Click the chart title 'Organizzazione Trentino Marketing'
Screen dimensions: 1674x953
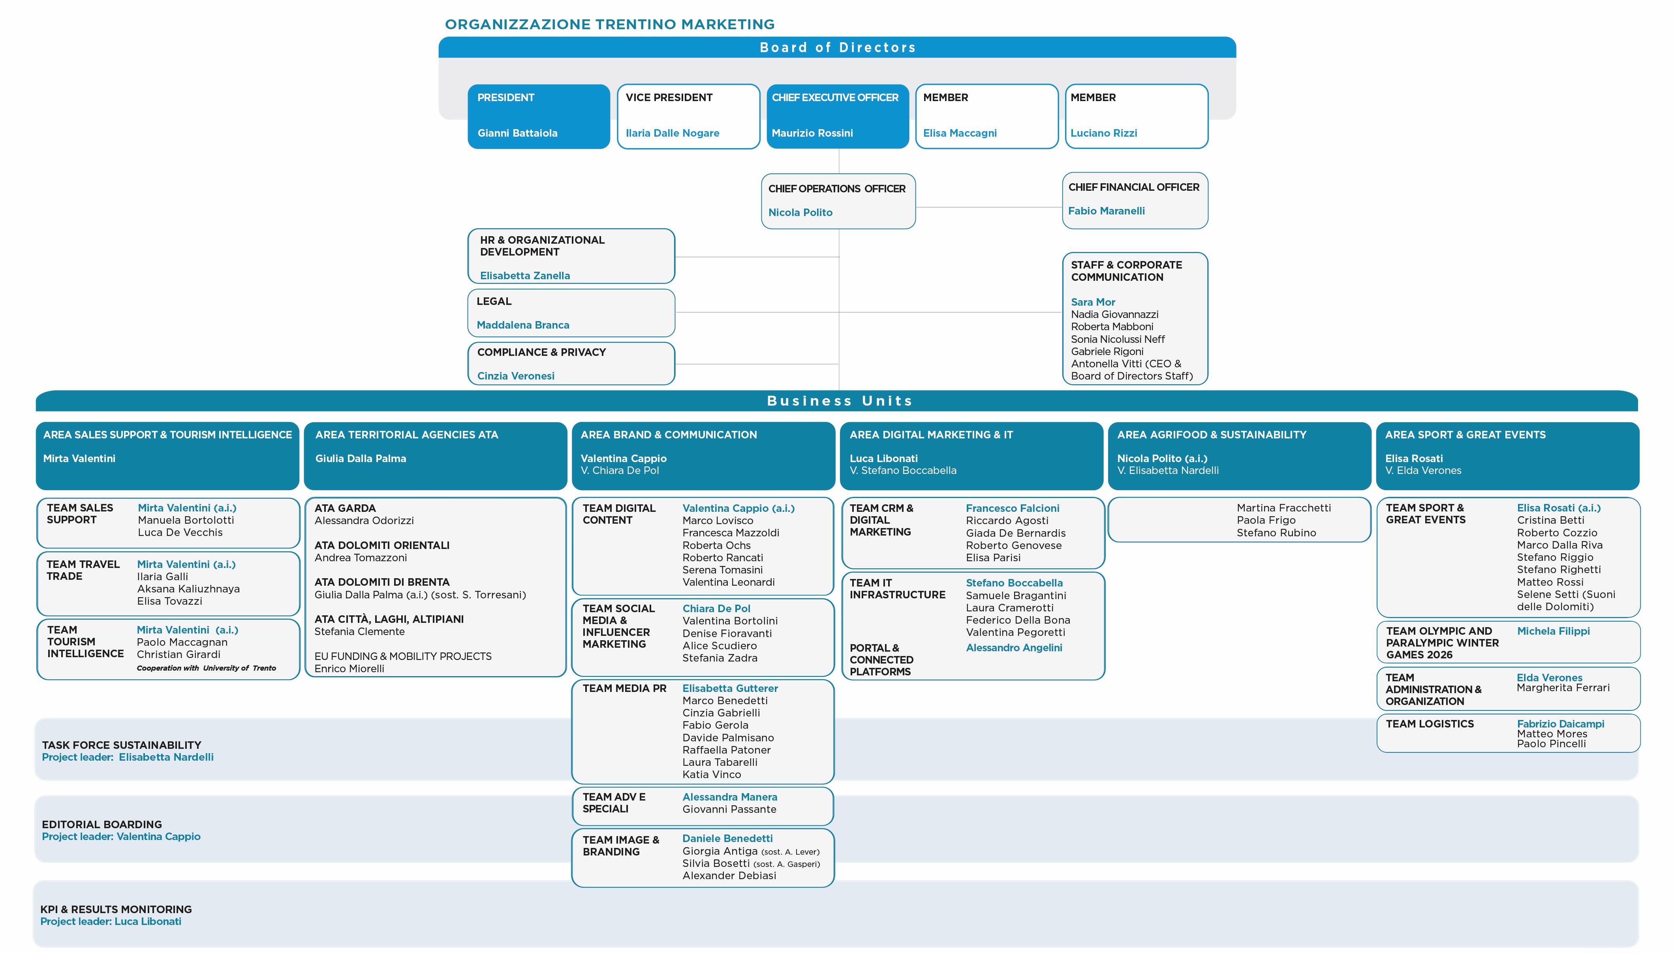pyautogui.click(x=609, y=24)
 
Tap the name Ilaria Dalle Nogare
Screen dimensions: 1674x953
pyautogui.click(x=672, y=133)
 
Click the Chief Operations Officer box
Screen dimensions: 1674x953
pyautogui.click(x=838, y=201)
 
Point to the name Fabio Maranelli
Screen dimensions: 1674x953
pyautogui.click(x=1106, y=211)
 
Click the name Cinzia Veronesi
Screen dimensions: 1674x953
pyautogui.click(x=516, y=376)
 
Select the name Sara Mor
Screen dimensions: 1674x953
pyautogui.click(x=1093, y=302)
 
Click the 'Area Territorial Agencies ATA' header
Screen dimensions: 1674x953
pyautogui.click(x=406, y=434)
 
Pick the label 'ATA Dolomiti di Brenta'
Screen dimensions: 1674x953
pyautogui.click(x=381, y=582)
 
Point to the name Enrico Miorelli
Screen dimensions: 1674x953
pyautogui.click(x=349, y=668)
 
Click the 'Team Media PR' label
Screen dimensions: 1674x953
pyautogui.click(x=624, y=688)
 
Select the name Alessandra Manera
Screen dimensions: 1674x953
pyautogui.click(x=730, y=797)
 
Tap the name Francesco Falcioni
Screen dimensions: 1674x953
pyautogui.click(x=1013, y=508)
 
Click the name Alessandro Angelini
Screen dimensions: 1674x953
pyautogui.click(x=1014, y=647)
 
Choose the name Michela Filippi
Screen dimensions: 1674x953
pyautogui.click(x=1553, y=631)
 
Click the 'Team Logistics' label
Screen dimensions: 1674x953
pyautogui.click(x=1429, y=723)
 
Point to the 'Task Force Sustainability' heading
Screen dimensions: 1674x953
pyautogui.click(x=121, y=745)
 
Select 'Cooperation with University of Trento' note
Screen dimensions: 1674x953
pyautogui.click(x=206, y=667)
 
